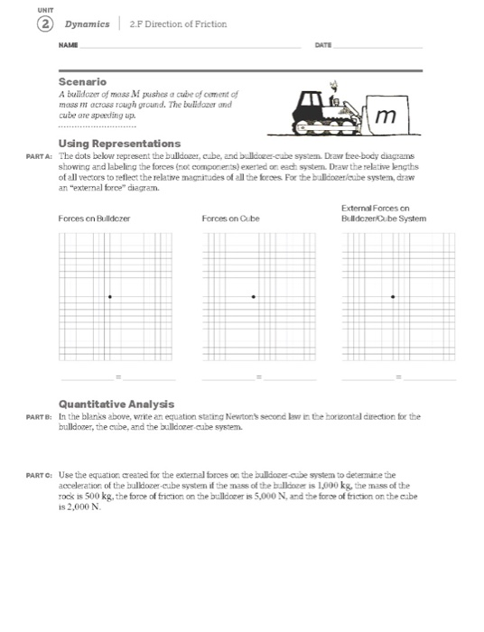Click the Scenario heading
coord(82,82)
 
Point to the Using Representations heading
coord(119,144)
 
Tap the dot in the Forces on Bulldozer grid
coord(110,296)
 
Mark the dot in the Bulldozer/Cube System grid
coord(393,296)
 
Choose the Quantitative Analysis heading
coord(116,404)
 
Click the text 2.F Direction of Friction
coord(178,23)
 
